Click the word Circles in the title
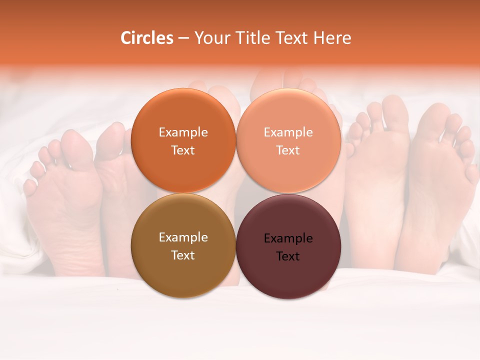(147, 38)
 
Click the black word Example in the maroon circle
(288, 238)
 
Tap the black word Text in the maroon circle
(288, 256)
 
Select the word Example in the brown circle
(183, 237)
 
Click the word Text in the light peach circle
(288, 150)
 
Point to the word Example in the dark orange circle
(183, 132)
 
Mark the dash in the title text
(183, 38)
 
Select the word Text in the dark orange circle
(183, 150)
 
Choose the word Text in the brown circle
(183, 255)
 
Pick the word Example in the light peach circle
(288, 132)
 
